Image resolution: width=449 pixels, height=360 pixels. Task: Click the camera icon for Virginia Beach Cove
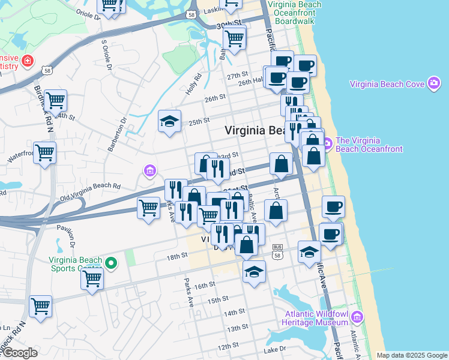434,83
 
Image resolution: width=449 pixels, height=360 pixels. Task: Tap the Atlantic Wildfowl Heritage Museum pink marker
357,316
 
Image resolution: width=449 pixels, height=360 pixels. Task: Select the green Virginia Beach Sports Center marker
110,262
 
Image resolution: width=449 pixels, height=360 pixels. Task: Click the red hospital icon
27,61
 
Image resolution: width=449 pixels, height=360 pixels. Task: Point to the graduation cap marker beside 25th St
170,121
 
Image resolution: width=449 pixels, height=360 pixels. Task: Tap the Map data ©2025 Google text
411,355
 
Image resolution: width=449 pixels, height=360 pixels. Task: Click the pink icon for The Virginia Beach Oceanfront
327,144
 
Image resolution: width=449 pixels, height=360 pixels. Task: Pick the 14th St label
234,313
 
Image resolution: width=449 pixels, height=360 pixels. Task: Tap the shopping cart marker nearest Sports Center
92,278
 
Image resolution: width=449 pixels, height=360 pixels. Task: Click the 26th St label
214,97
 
